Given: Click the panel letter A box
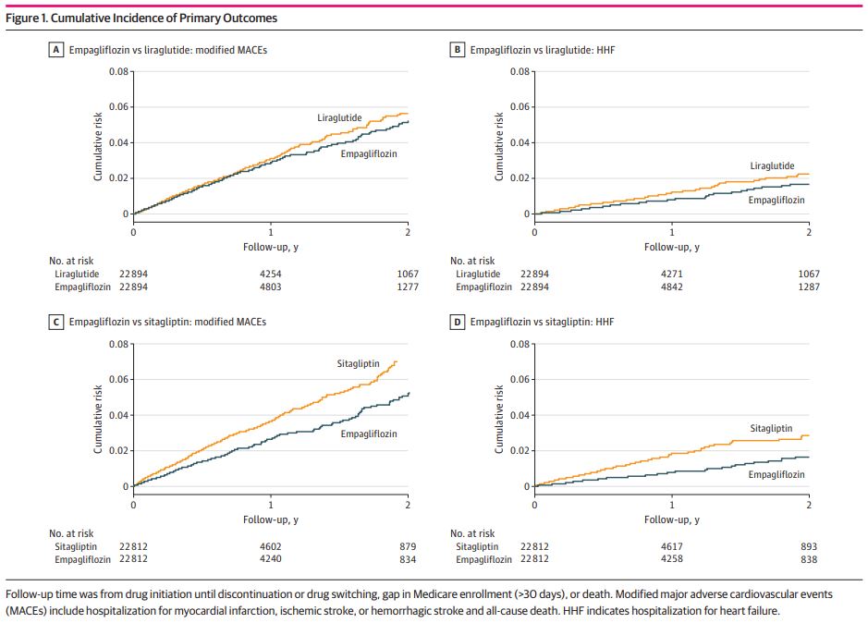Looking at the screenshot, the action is pos(55,50).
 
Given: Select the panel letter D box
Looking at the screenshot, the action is pos(457,322).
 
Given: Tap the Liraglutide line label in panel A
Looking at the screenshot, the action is pos(339,118).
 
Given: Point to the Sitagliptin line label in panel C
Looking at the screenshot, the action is pos(358,364).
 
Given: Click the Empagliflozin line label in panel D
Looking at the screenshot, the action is pos(776,474).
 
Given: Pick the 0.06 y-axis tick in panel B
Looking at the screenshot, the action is pos(520,107).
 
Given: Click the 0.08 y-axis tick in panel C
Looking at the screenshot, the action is pos(118,344).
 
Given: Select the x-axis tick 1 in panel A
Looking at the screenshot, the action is pos(271,233).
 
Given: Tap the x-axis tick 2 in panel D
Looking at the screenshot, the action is pos(809,505).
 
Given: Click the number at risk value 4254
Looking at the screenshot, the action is pos(271,275).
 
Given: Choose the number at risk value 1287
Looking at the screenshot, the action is pos(809,287).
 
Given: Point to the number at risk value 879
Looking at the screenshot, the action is pos(408,546).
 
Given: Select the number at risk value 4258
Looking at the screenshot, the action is pos(671,559).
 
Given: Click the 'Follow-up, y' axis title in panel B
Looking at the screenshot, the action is pos(671,247).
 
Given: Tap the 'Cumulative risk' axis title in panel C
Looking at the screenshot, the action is pos(98,420).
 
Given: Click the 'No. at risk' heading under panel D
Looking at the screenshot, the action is pos(472,533).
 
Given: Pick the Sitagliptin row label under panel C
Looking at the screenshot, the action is pos(75,546).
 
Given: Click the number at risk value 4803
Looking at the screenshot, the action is pos(271,287).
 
